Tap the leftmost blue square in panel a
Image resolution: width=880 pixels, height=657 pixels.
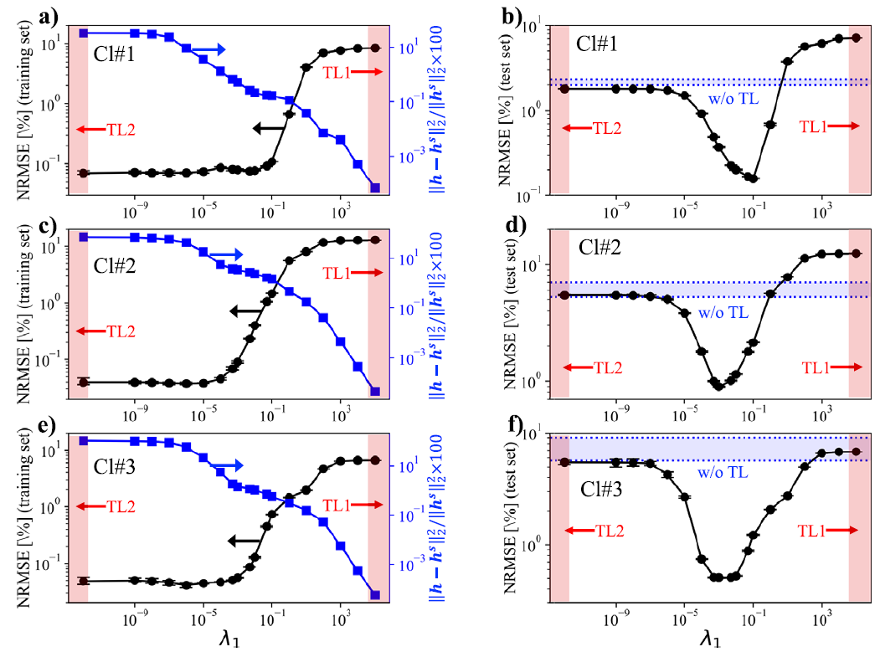coord(83,33)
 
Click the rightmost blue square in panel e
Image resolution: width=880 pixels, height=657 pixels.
coord(375,595)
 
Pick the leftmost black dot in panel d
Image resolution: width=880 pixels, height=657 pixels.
coord(564,295)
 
